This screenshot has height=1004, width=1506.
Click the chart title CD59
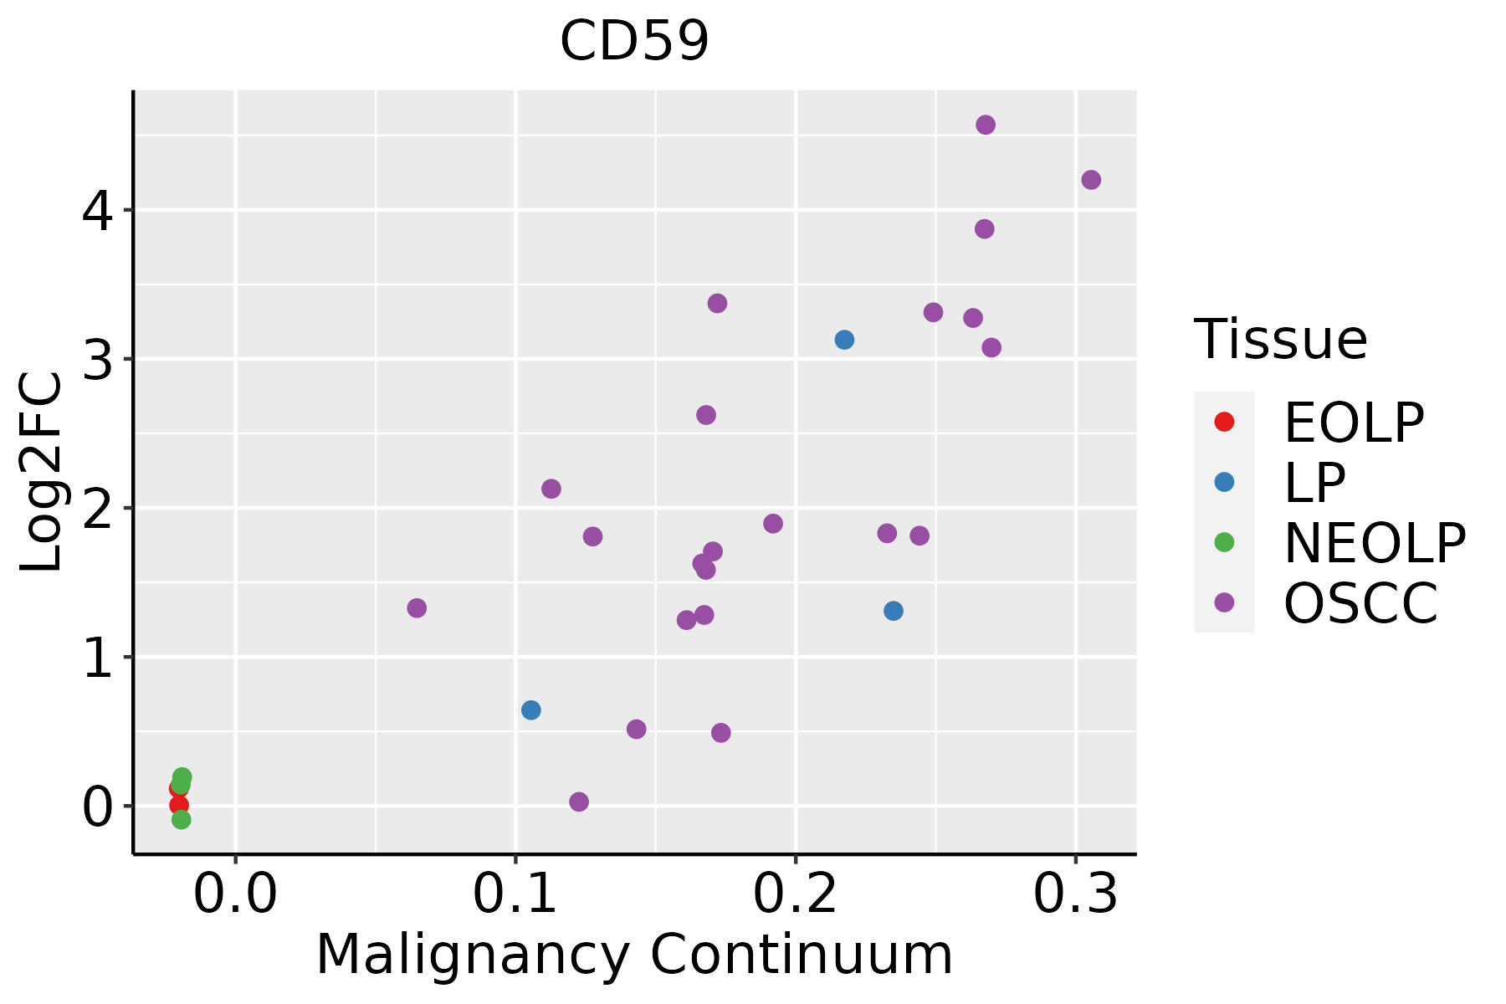[634, 42]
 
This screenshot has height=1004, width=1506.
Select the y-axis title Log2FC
[42, 472]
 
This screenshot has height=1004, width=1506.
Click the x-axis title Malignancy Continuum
[634, 955]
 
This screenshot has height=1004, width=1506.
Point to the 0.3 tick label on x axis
[1075, 894]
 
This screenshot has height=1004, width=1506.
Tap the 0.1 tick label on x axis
[515, 894]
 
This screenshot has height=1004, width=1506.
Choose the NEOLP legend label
[1374, 543]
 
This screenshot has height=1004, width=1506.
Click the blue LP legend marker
[1224, 482]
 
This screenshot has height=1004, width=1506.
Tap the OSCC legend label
[1360, 603]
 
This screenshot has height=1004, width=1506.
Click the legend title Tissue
[1281, 340]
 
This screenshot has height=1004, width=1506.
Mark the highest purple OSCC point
[986, 125]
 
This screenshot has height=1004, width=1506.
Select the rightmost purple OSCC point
[1091, 180]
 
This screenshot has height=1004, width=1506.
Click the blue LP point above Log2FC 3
[844, 340]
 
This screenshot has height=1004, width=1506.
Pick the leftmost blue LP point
[531, 710]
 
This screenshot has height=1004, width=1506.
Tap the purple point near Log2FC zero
[579, 802]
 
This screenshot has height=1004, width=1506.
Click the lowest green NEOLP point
[182, 820]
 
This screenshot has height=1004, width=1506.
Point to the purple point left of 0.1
[417, 608]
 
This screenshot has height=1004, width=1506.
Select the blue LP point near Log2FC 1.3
[894, 611]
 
